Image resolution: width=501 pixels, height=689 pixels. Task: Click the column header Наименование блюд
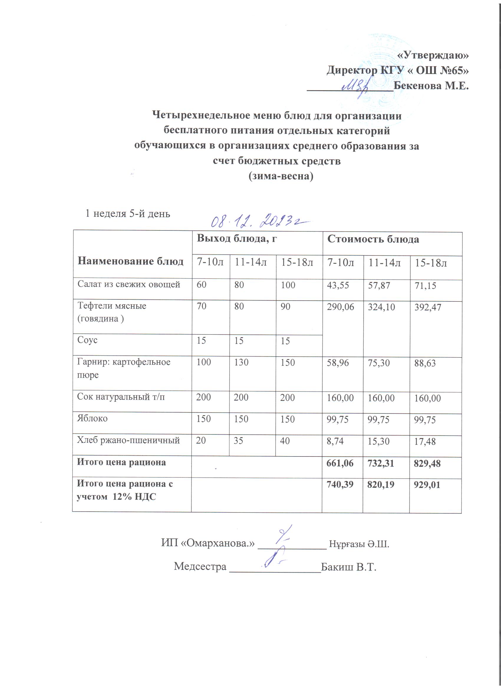coord(130,261)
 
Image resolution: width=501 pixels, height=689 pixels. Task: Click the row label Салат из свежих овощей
coord(129,284)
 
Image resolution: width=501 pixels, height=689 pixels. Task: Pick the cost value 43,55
coord(337,285)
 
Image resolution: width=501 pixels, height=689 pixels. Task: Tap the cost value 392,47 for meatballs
coord(428,307)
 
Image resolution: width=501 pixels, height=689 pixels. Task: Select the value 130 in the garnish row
coord(241,362)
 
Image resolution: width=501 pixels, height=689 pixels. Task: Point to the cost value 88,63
coord(425,363)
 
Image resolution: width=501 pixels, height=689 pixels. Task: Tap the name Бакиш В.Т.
coord(348,567)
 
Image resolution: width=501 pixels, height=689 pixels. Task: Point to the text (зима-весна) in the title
coord(281,176)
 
